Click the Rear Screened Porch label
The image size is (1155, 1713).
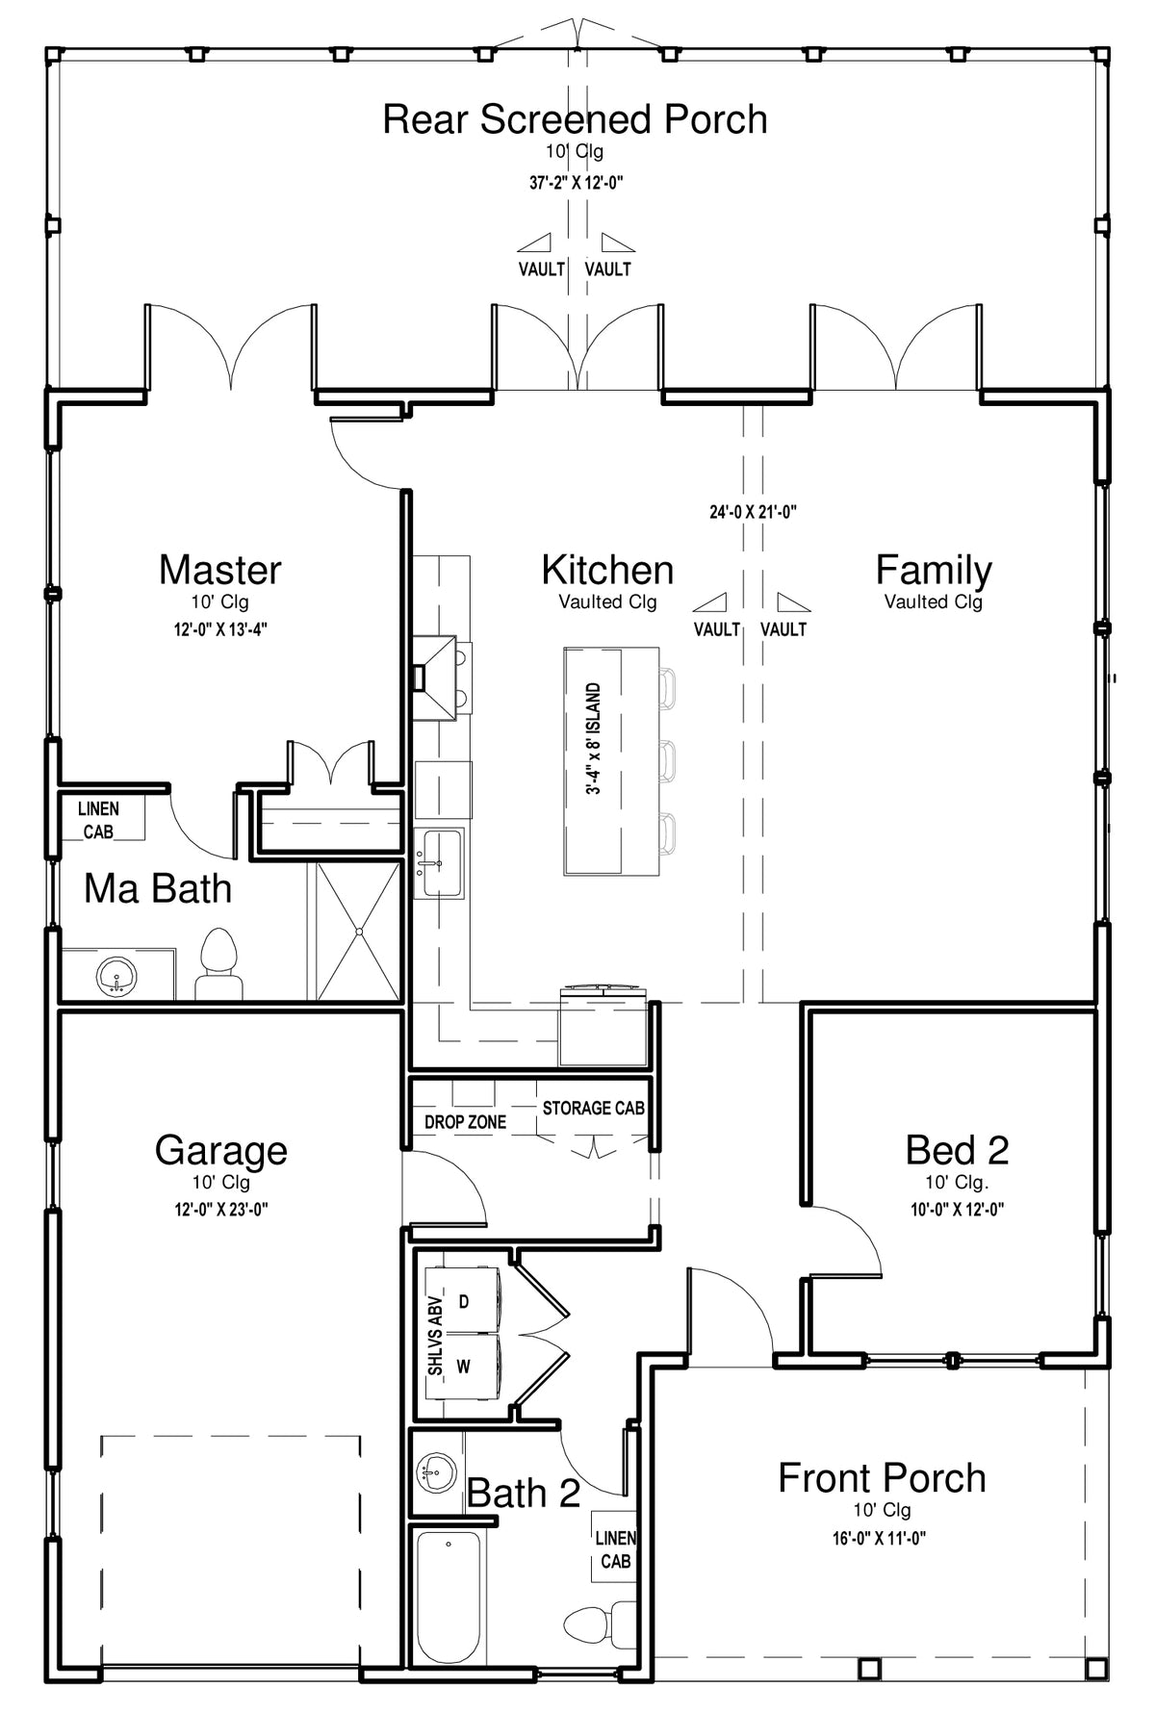click(x=575, y=119)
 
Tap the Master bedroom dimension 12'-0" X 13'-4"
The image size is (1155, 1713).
click(x=220, y=630)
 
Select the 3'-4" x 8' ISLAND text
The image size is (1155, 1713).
click(x=594, y=739)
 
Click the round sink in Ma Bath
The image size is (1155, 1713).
click(x=117, y=978)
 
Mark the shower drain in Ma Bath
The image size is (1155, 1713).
click(x=358, y=931)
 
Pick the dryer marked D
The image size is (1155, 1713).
click(x=462, y=1300)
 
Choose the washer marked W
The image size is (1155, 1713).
click(x=462, y=1366)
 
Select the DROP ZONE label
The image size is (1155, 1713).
click(x=466, y=1122)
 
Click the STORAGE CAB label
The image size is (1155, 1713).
click(x=593, y=1109)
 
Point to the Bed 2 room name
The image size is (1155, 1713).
click(x=957, y=1150)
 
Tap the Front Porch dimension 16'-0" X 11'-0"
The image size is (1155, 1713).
click(x=880, y=1539)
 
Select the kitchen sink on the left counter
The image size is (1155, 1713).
click(x=440, y=863)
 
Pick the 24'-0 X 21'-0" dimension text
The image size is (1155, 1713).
click(x=753, y=513)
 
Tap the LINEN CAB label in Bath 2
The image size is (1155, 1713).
click(x=615, y=1550)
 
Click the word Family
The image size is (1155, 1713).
click(x=933, y=572)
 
